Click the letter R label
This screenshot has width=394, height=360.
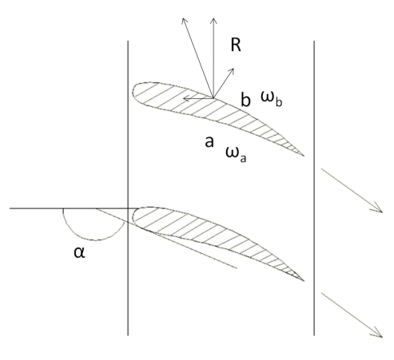pos(236,45)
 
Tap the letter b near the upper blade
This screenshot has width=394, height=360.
pos(245,99)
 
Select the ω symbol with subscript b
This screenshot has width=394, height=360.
pos(271,99)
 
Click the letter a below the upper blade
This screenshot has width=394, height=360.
pos(209,141)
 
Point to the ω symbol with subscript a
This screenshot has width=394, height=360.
pos(236,154)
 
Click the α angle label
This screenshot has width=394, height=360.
pos(79,252)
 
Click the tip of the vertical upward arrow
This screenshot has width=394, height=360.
pos(213,18)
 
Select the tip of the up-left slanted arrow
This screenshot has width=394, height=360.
pos(183,18)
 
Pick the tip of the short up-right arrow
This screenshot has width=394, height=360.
pos(234,69)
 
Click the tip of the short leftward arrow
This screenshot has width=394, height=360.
pos(183,99)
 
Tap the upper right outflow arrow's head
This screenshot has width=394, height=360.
pos(382,212)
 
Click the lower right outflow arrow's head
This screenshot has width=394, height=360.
pos(382,337)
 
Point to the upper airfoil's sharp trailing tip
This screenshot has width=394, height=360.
pos(304,156)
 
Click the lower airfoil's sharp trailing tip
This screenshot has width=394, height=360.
pos(304,280)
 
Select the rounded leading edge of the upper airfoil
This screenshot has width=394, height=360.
pos(133,92)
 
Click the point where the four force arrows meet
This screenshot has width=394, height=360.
pos(213,98)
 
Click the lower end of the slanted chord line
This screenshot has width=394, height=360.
pos(237,268)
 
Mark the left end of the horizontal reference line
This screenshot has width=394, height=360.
pos(10,208)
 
